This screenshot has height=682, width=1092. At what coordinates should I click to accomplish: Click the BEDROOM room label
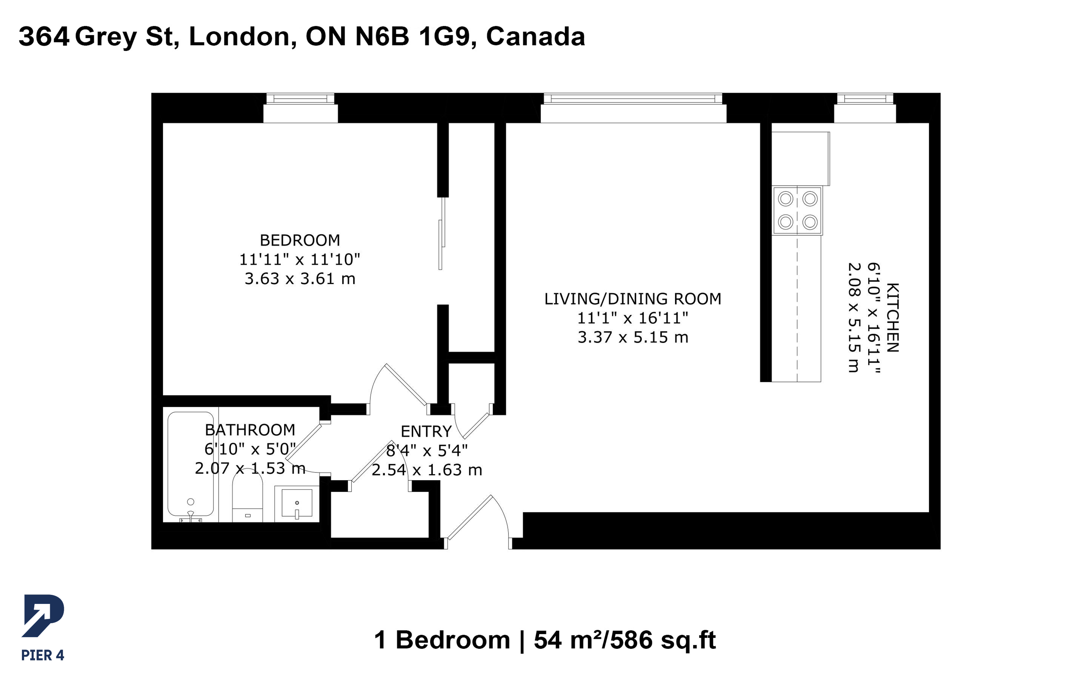coord(300,240)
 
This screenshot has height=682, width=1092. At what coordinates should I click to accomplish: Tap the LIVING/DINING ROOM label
coord(633,299)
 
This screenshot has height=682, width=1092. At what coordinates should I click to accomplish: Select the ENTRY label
coord(426,431)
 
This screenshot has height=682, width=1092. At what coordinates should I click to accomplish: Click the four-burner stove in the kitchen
coord(797,210)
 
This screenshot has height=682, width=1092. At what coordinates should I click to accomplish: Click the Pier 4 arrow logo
coord(43,616)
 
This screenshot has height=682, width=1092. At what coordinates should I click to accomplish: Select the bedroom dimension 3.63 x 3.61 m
coord(300,278)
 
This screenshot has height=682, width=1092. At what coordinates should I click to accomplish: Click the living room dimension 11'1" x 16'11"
coord(633,318)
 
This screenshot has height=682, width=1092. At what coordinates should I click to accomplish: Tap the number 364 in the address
coord(44,37)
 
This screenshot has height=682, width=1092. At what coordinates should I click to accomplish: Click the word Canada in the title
coord(535,37)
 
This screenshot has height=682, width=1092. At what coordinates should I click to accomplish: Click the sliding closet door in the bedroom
coord(442,233)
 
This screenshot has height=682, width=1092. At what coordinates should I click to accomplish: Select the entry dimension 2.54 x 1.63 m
coord(427,470)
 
